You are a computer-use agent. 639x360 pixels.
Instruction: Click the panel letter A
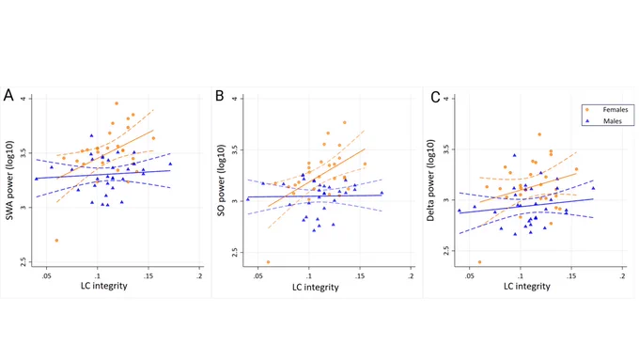[8, 95]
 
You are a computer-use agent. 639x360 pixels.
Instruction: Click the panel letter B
[219, 96]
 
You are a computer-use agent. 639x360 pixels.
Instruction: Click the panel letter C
[435, 97]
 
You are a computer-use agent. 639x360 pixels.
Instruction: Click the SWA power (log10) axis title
[9, 180]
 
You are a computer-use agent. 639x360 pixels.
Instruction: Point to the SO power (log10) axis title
[221, 180]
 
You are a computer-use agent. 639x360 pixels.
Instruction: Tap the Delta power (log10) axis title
[430, 180]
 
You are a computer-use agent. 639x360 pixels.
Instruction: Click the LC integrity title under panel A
[104, 286]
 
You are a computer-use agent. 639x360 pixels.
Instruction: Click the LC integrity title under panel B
[316, 288]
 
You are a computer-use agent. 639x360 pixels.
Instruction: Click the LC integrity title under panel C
[527, 287]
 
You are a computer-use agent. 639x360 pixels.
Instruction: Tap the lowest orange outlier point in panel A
[56, 241]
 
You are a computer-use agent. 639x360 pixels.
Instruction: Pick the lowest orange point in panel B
[268, 262]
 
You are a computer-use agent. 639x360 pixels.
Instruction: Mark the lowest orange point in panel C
[479, 262]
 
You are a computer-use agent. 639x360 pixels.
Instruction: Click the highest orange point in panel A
[117, 103]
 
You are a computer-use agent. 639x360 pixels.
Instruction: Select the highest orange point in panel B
[344, 122]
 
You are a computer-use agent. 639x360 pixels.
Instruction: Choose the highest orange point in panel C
[539, 134]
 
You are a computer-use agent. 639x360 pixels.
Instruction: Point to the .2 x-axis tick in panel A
[199, 276]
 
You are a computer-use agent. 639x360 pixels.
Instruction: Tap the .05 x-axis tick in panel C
[470, 276]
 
